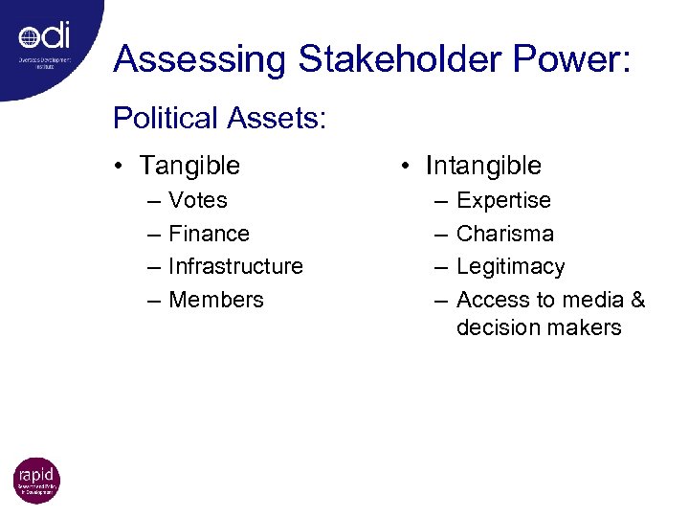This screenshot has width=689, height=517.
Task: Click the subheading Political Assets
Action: pos(220,119)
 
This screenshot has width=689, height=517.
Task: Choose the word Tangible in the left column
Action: pos(189,166)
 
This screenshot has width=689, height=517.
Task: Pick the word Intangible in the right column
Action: pos(483,166)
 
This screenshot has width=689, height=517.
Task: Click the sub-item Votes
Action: pos(198,200)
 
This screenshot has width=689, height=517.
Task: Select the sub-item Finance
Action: pos(209,234)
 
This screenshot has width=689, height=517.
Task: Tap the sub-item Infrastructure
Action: pos(235,266)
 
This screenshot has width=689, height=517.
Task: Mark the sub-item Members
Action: pos(215,300)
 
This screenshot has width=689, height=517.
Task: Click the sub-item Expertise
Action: pos(503,200)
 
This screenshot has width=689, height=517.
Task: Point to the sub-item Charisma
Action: pos(504,234)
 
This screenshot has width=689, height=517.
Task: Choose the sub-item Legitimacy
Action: pos(510,266)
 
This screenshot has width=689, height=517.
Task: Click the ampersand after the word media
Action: pos(637,300)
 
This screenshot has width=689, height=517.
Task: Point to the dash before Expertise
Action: pos(440,200)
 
